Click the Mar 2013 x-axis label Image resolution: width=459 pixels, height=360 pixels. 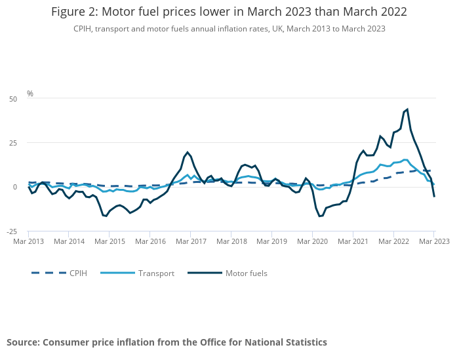pyautogui.click(x=28, y=241)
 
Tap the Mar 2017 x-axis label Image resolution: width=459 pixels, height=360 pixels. pyautogui.click(x=190, y=241)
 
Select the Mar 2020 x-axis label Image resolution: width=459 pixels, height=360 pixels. pyautogui.click(x=312, y=241)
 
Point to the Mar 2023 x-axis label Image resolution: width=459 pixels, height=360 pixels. pyautogui.click(x=433, y=241)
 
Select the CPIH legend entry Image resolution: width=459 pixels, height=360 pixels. pyautogui.click(x=77, y=273)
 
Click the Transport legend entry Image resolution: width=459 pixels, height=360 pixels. pyautogui.click(x=156, y=273)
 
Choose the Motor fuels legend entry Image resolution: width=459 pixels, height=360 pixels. pyautogui.click(x=246, y=273)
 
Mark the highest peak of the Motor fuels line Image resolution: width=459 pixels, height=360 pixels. pyautogui.click(x=407, y=110)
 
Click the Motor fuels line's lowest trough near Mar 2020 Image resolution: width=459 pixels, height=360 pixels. pyautogui.click(x=319, y=216)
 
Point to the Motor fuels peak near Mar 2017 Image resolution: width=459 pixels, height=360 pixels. pyautogui.click(x=188, y=152)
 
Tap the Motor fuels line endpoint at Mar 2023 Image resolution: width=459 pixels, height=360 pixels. pyautogui.click(x=434, y=196)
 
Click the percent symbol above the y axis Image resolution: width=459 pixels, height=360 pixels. pyautogui.click(x=30, y=94)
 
